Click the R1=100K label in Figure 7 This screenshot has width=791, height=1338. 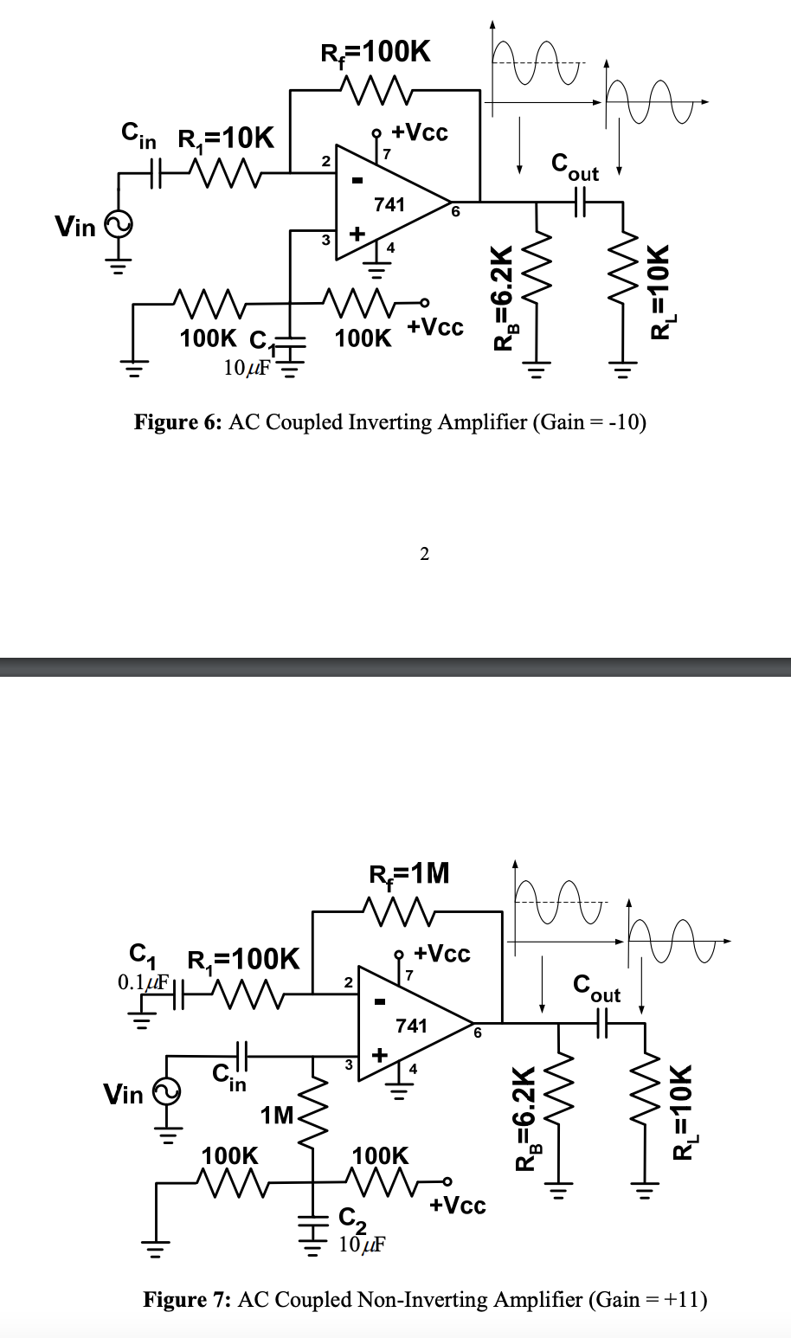pos(244,960)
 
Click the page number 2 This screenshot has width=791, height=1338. pos(424,554)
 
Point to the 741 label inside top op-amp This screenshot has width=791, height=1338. pos(389,205)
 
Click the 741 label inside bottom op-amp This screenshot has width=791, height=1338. pos(411,1026)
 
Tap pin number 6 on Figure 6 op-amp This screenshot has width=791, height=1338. pos(456,212)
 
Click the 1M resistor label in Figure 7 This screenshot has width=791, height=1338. pos(277,1115)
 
